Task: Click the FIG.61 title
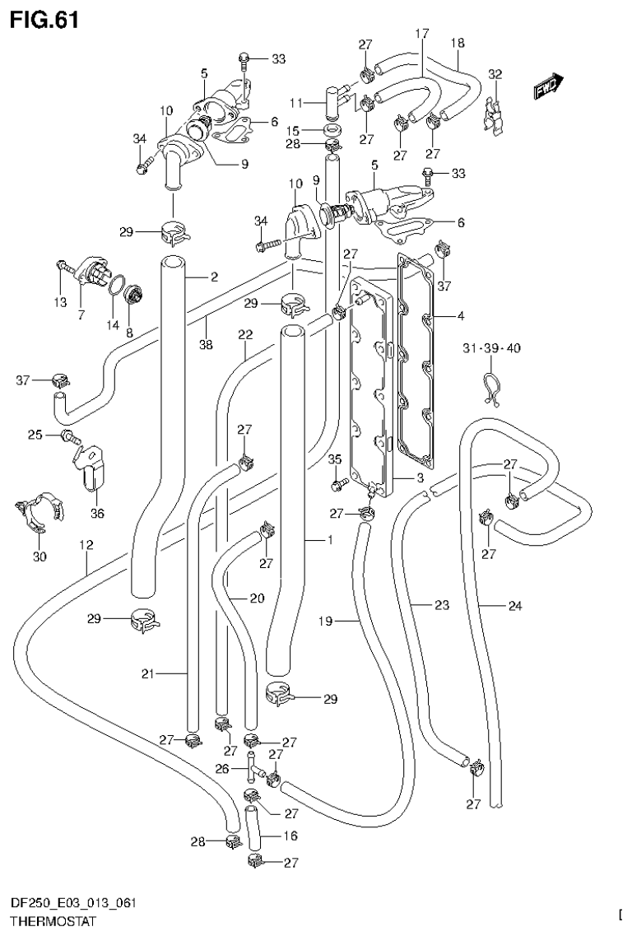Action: click(45, 18)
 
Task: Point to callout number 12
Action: click(86, 545)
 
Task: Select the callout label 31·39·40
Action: click(490, 348)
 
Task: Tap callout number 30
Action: click(39, 557)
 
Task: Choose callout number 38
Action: click(206, 345)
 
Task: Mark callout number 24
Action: click(514, 607)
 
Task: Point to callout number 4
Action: click(461, 316)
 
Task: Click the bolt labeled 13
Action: click(63, 266)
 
